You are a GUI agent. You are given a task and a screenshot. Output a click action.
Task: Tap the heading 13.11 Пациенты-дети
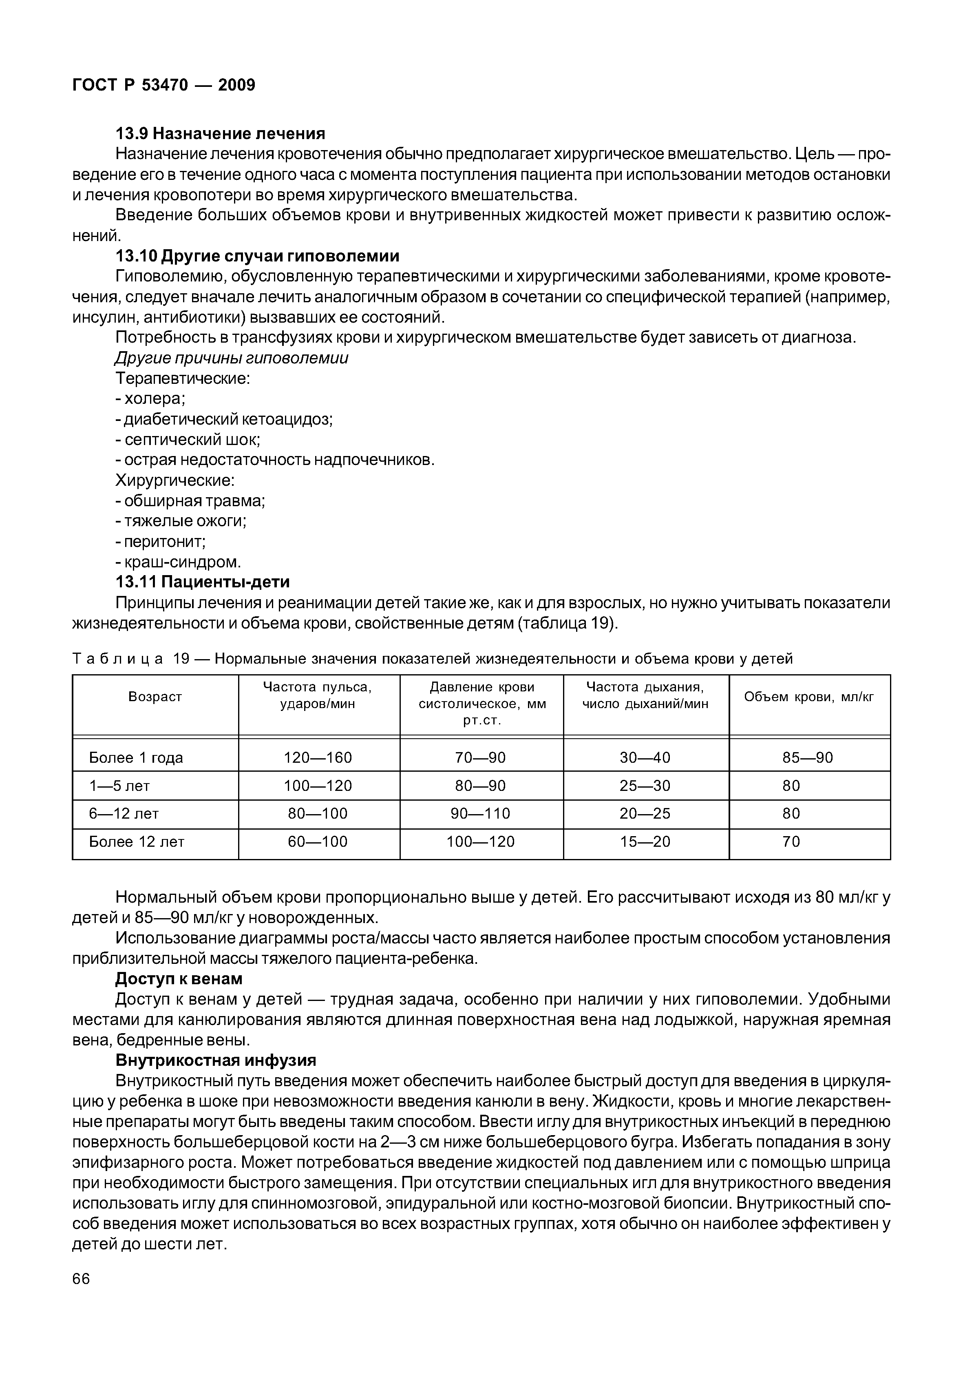(x=202, y=582)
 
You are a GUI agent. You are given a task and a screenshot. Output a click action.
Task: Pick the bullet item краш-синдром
(x=178, y=562)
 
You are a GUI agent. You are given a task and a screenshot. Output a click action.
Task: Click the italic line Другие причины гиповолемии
(x=232, y=358)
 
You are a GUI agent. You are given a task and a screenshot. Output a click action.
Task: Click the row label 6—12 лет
(x=124, y=814)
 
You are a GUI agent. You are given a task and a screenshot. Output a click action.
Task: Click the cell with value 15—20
(x=645, y=841)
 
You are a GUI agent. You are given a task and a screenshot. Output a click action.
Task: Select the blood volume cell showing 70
(x=791, y=841)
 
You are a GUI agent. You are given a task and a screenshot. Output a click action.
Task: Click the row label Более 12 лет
(x=136, y=841)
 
